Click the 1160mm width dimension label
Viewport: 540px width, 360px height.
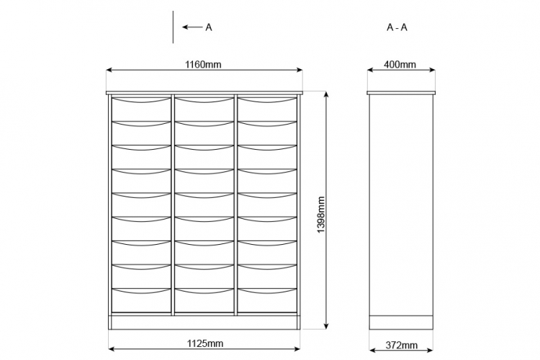203,64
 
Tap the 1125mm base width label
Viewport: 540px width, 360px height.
205,343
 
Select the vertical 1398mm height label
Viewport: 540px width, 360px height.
321,215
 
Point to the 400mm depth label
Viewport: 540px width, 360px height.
400,64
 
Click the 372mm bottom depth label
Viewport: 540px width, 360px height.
402,345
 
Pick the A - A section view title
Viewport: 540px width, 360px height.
397,27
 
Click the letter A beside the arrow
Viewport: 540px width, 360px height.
209,27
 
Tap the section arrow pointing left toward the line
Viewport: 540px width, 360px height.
192,27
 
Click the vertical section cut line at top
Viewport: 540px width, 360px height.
173,27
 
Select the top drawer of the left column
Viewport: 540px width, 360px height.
141,109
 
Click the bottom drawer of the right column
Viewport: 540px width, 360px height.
267,300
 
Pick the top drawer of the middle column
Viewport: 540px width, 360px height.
204,109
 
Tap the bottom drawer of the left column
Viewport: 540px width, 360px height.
141,300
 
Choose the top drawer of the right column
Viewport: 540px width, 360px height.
267,109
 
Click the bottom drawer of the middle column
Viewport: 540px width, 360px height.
204,300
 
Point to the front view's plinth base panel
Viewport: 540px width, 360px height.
204,323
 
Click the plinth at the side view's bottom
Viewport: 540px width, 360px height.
401,323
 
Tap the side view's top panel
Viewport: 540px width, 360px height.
401,93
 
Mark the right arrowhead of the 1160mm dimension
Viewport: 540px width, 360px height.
300,70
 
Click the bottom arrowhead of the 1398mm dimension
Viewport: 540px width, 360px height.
326,326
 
